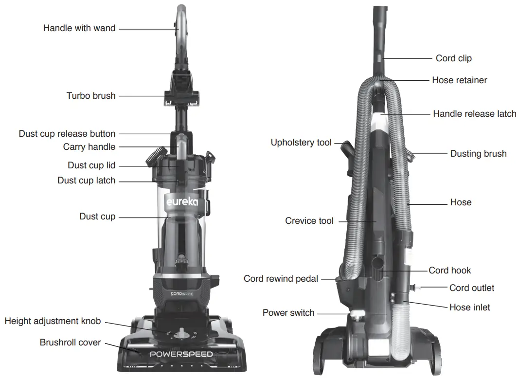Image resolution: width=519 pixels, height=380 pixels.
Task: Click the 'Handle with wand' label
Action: pos(79,28)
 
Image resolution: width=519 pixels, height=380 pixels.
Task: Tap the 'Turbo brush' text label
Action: pos(91,96)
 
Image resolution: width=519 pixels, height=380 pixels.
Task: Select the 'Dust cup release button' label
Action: pos(67,134)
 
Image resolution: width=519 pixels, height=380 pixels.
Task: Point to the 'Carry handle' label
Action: pos(89,147)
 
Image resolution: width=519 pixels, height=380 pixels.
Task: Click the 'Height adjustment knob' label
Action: pos(53,321)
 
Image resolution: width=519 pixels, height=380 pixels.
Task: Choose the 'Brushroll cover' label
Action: pos(70,343)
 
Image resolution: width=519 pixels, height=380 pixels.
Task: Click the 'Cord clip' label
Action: pos(453,58)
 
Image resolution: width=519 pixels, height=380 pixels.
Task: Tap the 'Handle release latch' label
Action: pos(474,114)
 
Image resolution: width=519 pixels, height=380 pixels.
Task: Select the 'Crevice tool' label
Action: pos(309,221)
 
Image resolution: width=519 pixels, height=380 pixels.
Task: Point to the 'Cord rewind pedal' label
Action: pos(281,279)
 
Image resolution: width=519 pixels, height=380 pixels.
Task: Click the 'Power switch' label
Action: pos(288,313)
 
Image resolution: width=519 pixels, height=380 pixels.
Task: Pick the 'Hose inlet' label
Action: pos(469,308)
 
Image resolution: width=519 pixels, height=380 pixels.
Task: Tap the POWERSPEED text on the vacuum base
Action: pos(181,354)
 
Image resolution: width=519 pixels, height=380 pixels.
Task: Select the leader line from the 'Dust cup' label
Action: pos(141,217)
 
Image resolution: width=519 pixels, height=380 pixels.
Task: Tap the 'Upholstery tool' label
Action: pos(301,143)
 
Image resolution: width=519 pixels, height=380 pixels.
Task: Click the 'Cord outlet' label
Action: pos(471,288)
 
